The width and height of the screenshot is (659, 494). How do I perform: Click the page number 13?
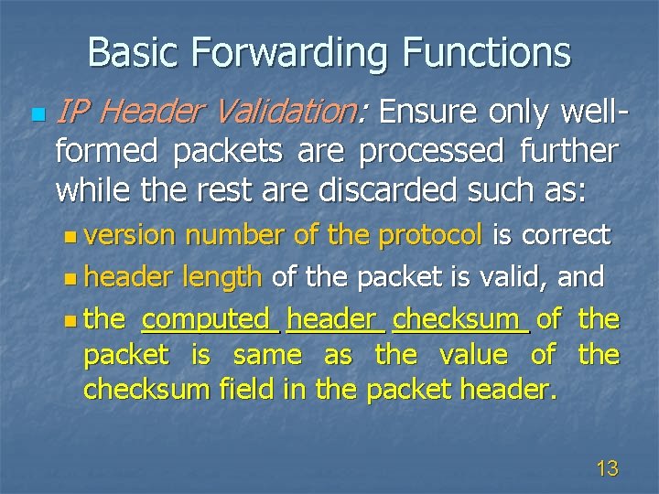pos(606,469)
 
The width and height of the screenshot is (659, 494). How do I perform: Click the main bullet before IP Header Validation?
pos(36,115)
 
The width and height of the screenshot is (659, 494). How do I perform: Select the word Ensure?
pos(427,113)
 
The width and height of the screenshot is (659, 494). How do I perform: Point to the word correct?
pos(565,236)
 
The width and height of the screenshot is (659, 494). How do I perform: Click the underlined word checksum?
pos(460,319)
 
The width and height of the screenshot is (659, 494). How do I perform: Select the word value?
pos(472,354)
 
